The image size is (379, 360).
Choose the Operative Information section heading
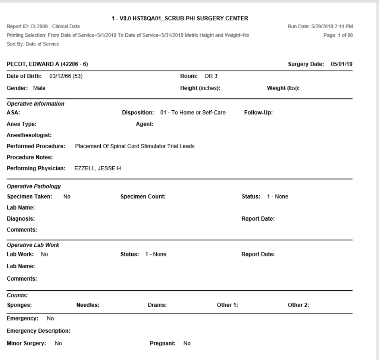(x=36, y=104)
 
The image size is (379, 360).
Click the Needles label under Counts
(x=87, y=305)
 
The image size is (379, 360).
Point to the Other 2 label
(x=298, y=305)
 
